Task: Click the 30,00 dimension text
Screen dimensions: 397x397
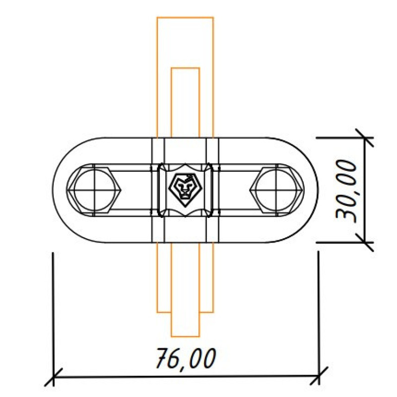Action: point(345,191)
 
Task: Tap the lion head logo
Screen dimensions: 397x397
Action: point(186,190)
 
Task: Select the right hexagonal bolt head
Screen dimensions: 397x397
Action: point(276,190)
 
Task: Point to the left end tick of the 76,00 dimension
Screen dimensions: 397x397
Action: point(53,377)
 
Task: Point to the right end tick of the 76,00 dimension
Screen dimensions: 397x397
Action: point(319,377)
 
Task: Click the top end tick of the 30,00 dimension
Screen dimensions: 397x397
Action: point(365,138)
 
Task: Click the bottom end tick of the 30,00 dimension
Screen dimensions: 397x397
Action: point(365,242)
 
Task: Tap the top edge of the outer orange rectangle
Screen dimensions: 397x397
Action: point(185,17)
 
